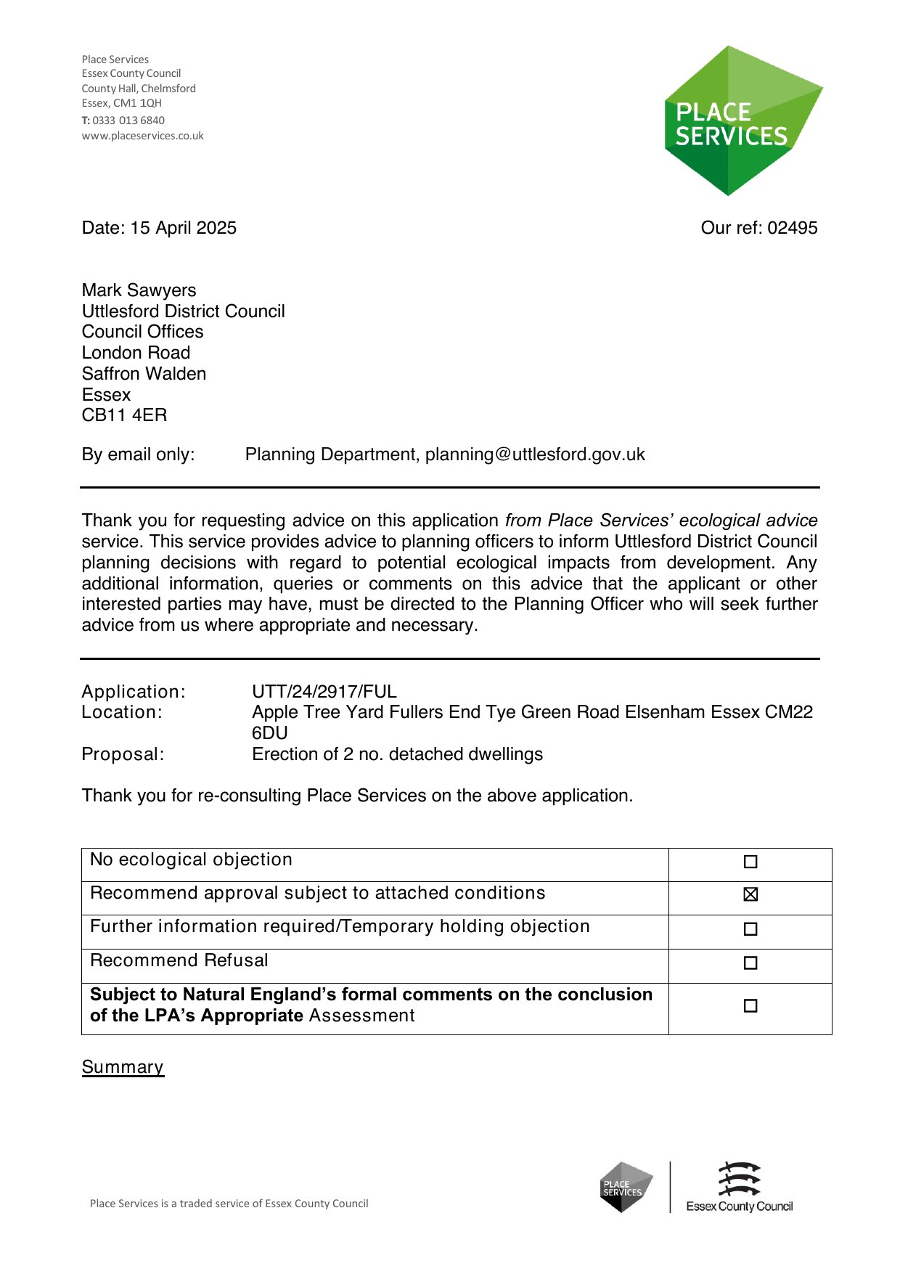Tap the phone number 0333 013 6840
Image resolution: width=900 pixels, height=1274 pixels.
[128, 121]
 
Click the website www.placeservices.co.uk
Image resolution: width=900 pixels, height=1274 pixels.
[142, 136]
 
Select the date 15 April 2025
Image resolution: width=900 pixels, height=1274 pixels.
[183, 228]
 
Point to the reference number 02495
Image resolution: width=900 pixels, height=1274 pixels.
[793, 228]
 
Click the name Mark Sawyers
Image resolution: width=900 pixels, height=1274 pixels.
[139, 290]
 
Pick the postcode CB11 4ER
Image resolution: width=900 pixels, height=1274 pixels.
[124, 415]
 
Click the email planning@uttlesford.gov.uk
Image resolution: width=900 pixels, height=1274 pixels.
[535, 454]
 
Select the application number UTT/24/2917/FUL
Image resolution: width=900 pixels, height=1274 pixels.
[324, 692]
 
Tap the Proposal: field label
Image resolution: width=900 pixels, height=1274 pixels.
[123, 754]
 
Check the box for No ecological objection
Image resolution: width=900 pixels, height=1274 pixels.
[750, 862]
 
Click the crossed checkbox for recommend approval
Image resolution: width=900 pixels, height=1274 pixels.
[750, 894]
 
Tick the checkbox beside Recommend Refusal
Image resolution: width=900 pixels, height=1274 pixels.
[750, 963]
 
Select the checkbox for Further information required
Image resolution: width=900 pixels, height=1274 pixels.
[750, 929]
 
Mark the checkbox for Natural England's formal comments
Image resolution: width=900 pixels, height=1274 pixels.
[750, 1006]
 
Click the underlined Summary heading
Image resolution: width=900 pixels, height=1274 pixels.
[123, 1067]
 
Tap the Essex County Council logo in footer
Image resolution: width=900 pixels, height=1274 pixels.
[739, 1188]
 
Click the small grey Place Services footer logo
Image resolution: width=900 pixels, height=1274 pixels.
[625, 1188]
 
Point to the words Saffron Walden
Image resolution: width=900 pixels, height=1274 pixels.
[144, 374]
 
